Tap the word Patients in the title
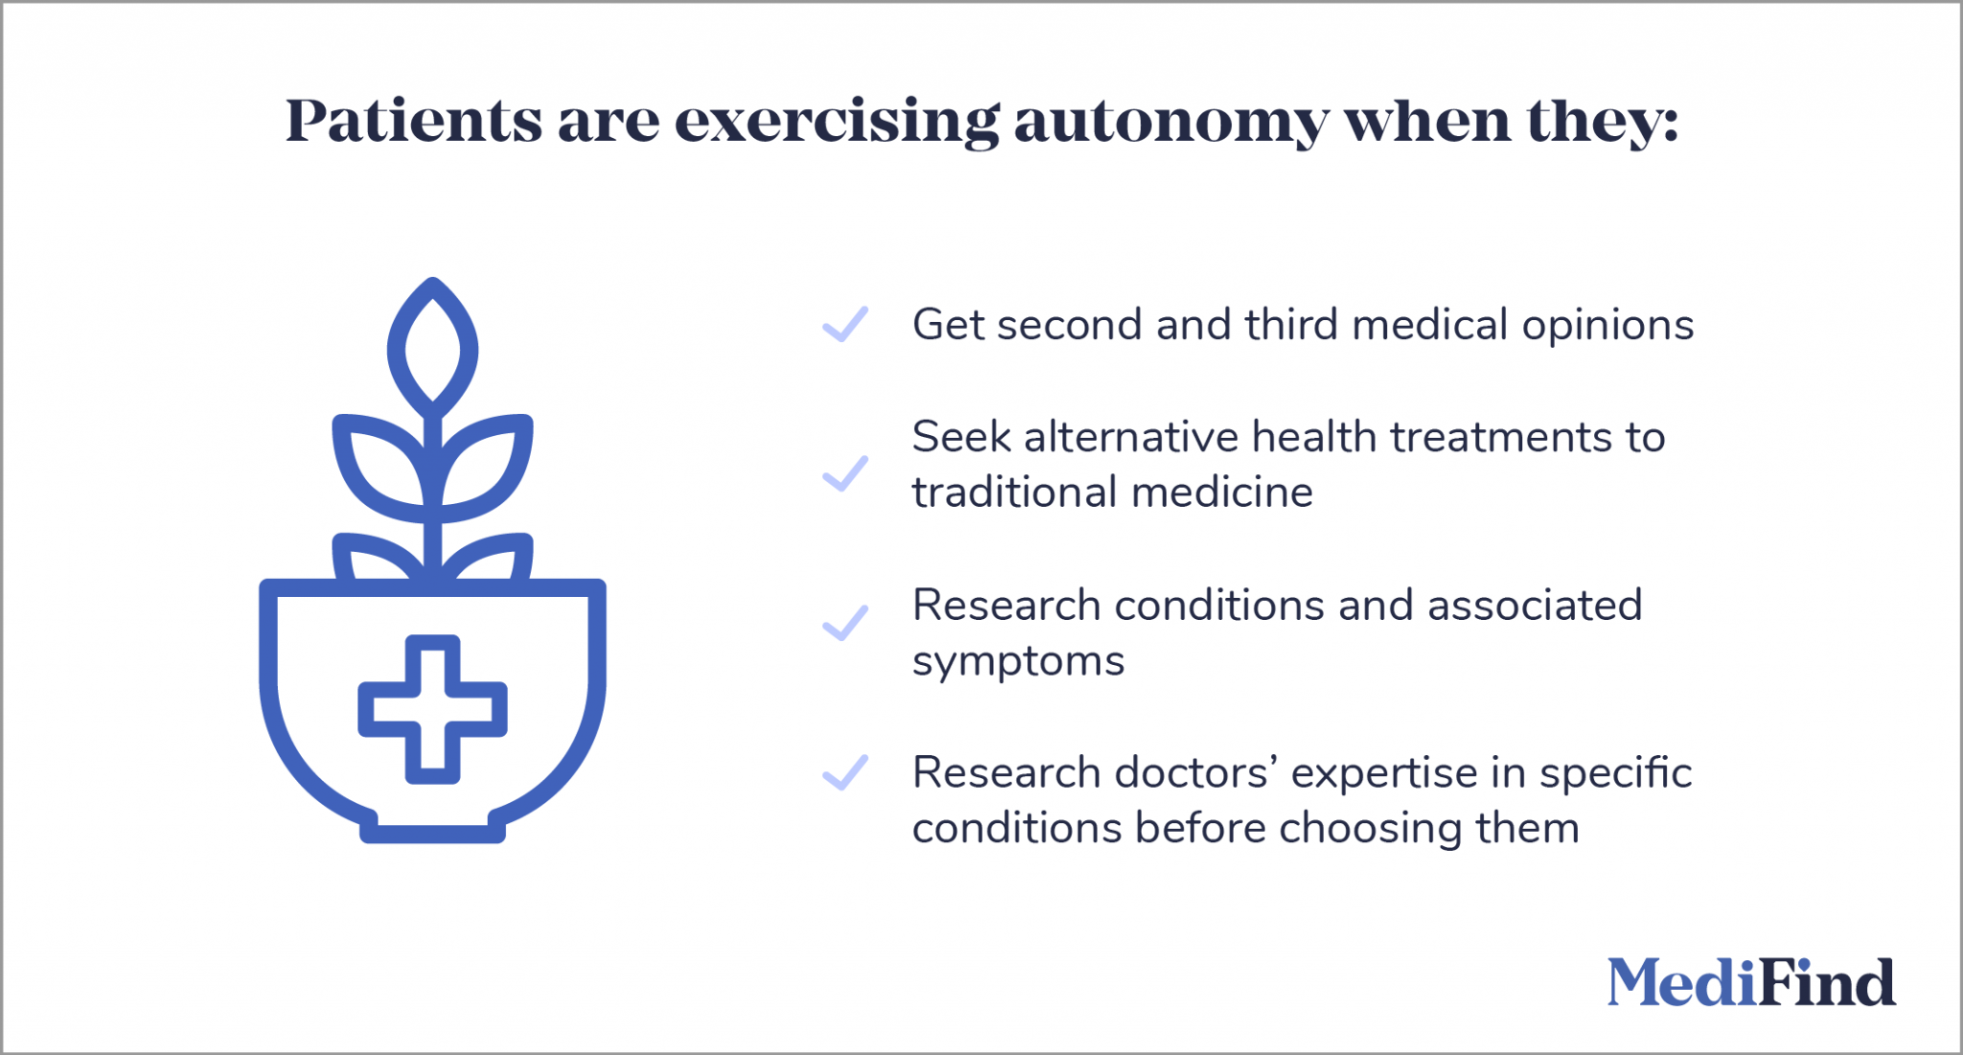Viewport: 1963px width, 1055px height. (x=414, y=122)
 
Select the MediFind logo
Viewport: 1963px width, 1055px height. (x=1751, y=983)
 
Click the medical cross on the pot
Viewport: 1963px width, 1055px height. (x=432, y=709)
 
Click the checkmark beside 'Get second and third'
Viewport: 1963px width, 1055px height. (x=845, y=324)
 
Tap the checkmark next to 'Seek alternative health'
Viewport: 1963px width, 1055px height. (x=845, y=473)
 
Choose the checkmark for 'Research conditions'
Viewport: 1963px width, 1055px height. (x=845, y=623)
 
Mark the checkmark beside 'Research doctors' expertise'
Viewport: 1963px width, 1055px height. (x=845, y=772)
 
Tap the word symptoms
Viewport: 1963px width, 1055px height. (x=1018, y=662)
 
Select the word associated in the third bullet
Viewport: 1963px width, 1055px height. (x=1535, y=606)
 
